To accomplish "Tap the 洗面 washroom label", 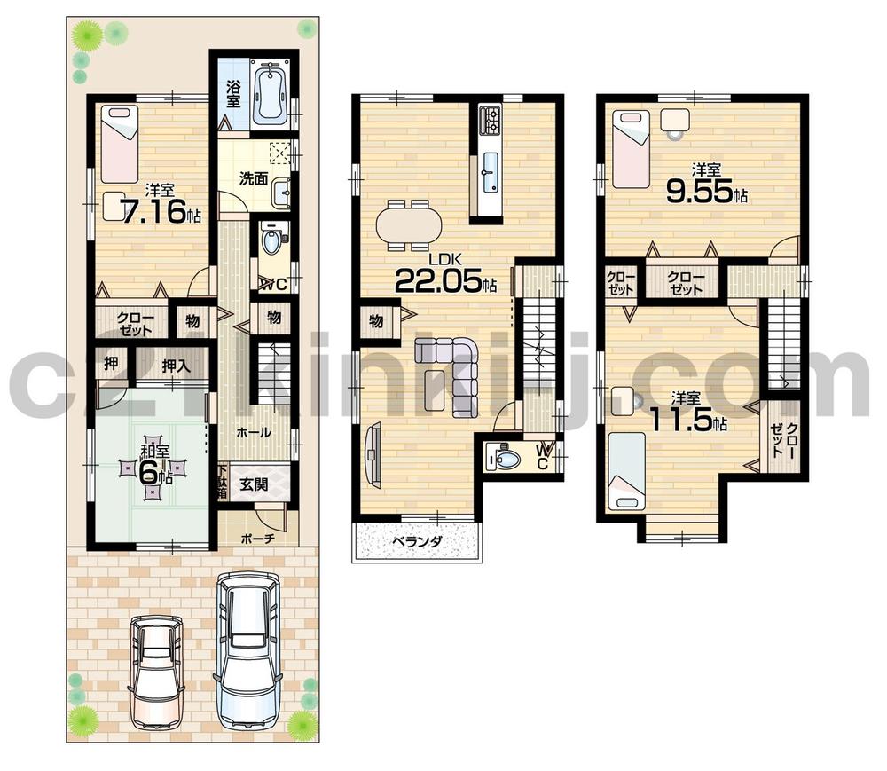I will pos(253,178).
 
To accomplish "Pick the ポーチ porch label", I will pos(256,538).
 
